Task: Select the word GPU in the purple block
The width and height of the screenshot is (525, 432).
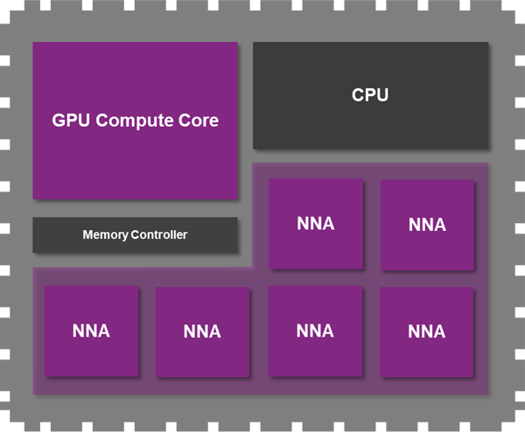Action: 71,121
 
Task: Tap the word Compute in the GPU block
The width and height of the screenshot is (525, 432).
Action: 135,121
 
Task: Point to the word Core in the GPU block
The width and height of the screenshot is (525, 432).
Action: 198,121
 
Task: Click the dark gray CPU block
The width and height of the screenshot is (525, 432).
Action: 370,122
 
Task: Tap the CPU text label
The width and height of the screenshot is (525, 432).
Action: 370,95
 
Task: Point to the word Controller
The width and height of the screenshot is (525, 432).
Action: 159,235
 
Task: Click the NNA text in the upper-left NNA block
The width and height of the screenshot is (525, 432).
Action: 315,224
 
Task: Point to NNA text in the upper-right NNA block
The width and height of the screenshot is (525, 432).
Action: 427,226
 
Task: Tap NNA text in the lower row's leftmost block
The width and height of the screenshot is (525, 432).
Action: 91,331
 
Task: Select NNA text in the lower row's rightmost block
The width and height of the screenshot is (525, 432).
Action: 427,331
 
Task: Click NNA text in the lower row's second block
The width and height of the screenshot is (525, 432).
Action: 202,332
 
